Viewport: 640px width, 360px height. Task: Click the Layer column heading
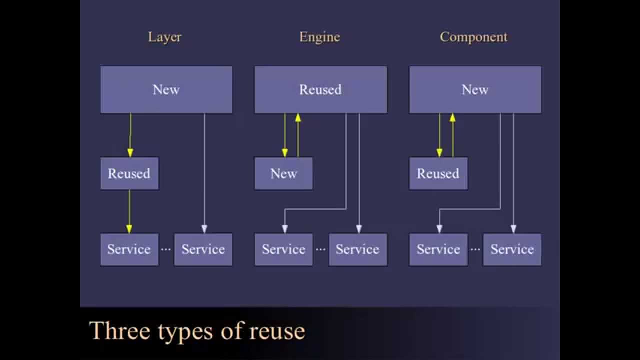[x=164, y=37]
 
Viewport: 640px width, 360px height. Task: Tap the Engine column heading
[x=319, y=37]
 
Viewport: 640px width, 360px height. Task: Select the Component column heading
[x=473, y=37]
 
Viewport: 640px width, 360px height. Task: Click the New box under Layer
[x=166, y=89]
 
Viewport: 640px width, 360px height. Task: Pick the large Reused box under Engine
[x=320, y=89]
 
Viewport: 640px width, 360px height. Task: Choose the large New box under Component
[x=475, y=89]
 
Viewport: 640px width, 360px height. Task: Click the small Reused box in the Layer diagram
[x=129, y=173]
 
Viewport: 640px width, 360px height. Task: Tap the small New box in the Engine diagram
[x=283, y=173]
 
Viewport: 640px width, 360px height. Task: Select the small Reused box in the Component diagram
[x=438, y=173]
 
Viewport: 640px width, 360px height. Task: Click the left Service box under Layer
[x=129, y=249]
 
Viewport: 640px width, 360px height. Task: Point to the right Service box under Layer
[x=203, y=249]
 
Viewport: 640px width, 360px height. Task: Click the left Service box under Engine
[x=283, y=249]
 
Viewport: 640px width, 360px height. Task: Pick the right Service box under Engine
[x=357, y=249]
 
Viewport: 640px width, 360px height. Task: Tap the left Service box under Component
[x=438, y=249]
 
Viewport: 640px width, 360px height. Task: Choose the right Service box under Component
[x=512, y=249]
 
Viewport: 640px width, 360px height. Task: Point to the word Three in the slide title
[x=120, y=331]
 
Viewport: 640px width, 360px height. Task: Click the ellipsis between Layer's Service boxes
[x=166, y=249]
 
